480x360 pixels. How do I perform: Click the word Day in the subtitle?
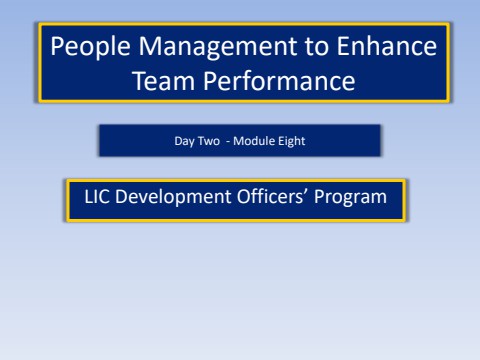(x=183, y=141)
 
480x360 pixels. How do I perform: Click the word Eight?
(x=288, y=141)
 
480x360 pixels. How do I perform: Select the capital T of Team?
(x=140, y=79)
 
